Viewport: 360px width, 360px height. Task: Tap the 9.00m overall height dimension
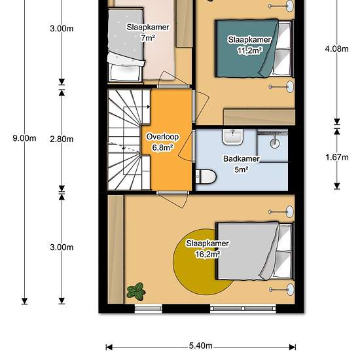click(24, 138)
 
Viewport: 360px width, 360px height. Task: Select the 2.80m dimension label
click(62, 139)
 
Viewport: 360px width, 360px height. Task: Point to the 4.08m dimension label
click(336, 48)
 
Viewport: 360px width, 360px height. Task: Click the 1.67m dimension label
click(337, 157)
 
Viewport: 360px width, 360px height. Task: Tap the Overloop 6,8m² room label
click(162, 142)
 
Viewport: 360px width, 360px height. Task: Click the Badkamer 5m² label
click(242, 164)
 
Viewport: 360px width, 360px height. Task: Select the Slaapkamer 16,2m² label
click(207, 249)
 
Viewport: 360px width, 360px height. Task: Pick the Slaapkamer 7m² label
click(148, 32)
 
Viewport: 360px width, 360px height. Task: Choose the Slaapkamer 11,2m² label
click(249, 45)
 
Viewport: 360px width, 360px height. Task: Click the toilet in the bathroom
click(206, 177)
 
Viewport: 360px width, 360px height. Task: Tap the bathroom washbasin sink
click(232, 137)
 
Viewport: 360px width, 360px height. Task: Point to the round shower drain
click(275, 143)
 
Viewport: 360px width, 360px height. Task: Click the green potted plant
click(136, 291)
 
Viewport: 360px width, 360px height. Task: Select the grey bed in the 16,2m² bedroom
click(255, 251)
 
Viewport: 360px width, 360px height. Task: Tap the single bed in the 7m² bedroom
click(126, 45)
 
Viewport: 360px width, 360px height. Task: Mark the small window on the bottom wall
click(149, 308)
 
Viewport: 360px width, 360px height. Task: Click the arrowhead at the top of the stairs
click(149, 107)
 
